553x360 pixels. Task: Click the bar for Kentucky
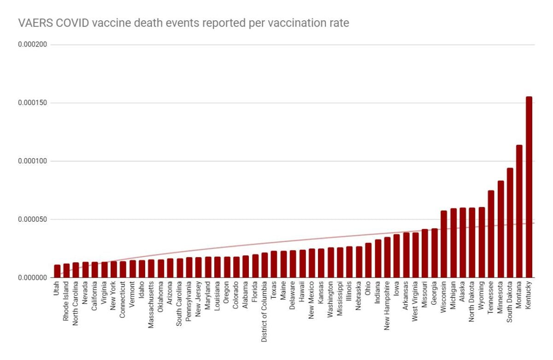point(529,187)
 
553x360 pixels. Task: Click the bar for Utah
point(57,271)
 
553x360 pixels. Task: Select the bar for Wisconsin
point(444,244)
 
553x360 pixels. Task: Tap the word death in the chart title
point(143,23)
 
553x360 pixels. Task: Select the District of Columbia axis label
point(265,312)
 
